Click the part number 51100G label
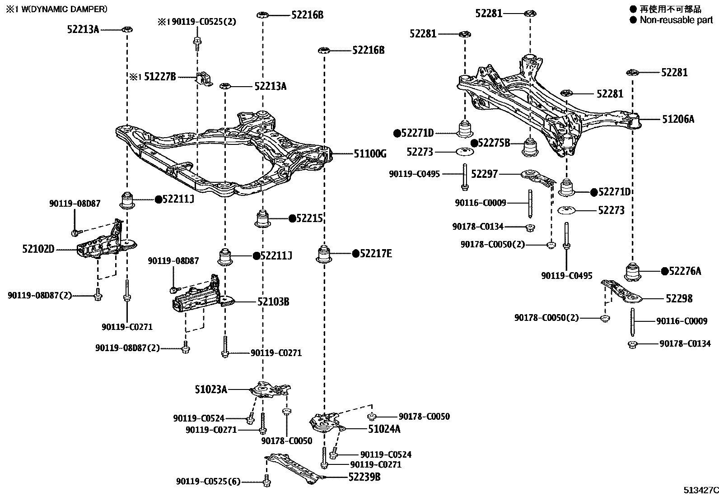pos(370,154)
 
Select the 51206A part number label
pos(678,119)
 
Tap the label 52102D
pos(38,249)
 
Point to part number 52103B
pos(273,301)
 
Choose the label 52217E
pos(376,254)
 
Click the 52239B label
pos(364,477)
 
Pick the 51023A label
pos(211,389)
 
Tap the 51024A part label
pos(384,429)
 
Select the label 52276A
pos(685,271)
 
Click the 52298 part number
pos(679,298)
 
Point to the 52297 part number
pos(484,174)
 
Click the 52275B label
pos(494,143)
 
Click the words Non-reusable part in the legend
pos(676,20)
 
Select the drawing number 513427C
pos(700,490)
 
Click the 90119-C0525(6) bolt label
pos(208,482)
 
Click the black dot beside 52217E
pos(355,254)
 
